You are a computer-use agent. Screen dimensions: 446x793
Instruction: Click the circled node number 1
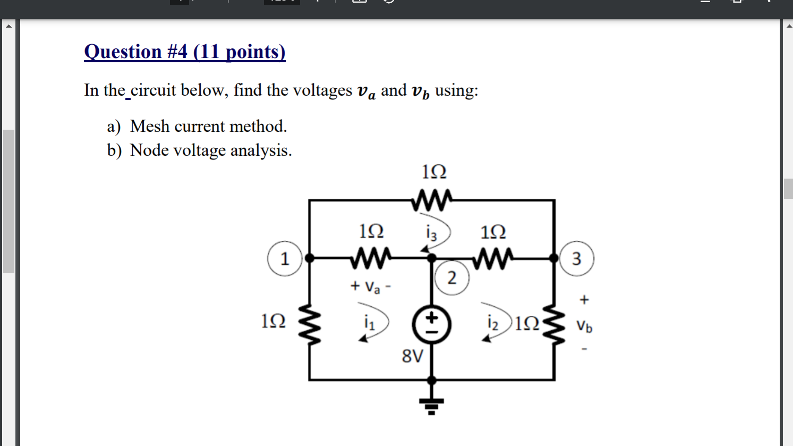pyautogui.click(x=285, y=259)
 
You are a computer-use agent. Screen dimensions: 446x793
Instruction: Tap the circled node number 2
pyautogui.click(x=451, y=277)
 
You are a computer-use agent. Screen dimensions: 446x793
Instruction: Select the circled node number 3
pyautogui.click(x=576, y=259)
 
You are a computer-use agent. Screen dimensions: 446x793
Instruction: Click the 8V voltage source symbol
pyautogui.click(x=432, y=325)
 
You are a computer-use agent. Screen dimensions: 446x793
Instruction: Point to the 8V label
pyautogui.click(x=412, y=356)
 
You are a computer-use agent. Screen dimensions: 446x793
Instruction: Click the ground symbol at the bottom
pyautogui.click(x=431, y=405)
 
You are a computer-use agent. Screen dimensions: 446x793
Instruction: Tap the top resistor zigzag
pyautogui.click(x=431, y=199)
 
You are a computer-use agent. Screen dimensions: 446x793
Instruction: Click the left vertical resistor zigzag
pyautogui.click(x=310, y=324)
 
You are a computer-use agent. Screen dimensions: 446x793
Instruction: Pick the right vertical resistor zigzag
pyautogui.click(x=555, y=324)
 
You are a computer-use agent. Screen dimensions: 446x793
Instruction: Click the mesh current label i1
pyautogui.click(x=369, y=322)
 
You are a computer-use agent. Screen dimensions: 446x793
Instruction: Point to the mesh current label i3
pyautogui.click(x=431, y=232)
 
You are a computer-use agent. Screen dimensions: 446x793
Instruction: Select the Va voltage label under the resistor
pyautogui.click(x=372, y=287)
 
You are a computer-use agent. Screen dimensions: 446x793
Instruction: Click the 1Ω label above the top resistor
pyautogui.click(x=434, y=172)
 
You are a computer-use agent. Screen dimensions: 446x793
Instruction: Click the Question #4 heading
pyautogui.click(x=185, y=52)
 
